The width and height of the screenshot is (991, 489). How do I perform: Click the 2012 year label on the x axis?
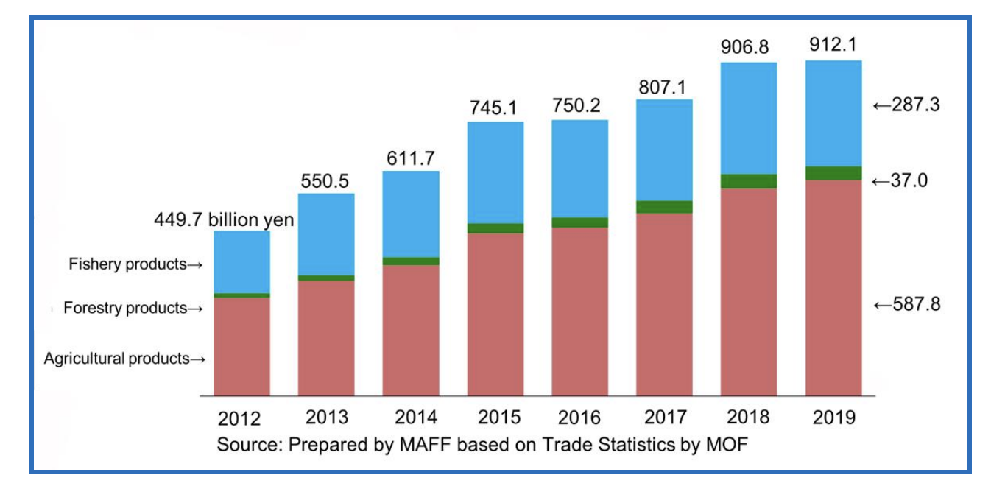click(x=239, y=420)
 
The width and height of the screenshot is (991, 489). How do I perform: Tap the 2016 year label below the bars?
click(x=579, y=418)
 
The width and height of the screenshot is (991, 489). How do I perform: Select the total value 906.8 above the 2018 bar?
click(x=748, y=47)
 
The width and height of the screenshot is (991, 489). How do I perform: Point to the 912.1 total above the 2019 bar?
click(x=833, y=45)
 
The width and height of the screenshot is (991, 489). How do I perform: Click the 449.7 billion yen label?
click(x=224, y=219)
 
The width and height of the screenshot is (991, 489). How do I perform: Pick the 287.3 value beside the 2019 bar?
click(x=906, y=105)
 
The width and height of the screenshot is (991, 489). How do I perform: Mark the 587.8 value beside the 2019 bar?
click(x=906, y=305)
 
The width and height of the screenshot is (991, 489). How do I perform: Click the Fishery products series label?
click(x=135, y=264)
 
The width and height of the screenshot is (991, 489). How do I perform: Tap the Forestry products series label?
click(x=133, y=308)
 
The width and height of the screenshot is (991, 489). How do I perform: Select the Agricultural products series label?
click(x=124, y=359)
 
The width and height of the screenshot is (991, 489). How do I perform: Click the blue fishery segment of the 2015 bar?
click(x=496, y=172)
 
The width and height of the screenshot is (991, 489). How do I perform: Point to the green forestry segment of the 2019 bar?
click(x=833, y=173)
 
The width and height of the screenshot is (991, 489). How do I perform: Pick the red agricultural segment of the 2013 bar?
click(x=325, y=339)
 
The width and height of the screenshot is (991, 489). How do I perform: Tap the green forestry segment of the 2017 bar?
click(x=664, y=207)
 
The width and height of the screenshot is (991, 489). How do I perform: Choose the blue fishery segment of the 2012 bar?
click(x=241, y=262)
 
